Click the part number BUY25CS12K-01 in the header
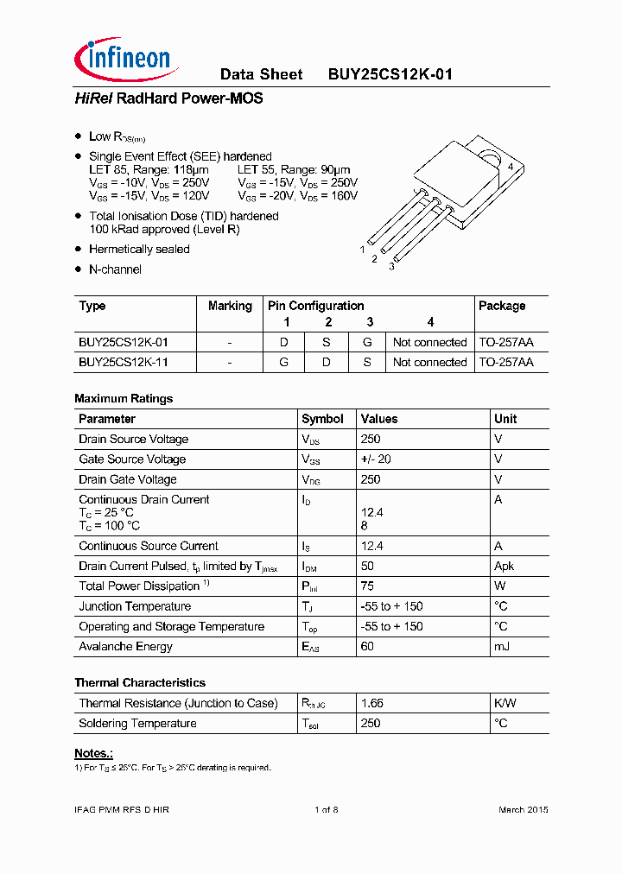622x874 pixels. [390, 75]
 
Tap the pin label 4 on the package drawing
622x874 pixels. [511, 167]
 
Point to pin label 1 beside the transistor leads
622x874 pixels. [362, 249]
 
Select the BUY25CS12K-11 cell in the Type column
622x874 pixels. [123, 363]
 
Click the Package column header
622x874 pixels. [502, 306]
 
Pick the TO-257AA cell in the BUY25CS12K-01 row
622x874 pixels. [506, 343]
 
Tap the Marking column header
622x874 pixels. [230, 306]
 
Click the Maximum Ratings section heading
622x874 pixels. [124, 399]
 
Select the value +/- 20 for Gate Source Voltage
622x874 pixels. [376, 459]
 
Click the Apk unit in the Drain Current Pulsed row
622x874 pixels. [504, 567]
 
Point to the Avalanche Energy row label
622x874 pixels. [125, 647]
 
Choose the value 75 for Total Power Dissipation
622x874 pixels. [367, 586]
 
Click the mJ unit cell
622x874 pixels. [501, 647]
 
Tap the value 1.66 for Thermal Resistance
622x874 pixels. [372, 704]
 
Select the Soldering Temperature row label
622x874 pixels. [137, 724]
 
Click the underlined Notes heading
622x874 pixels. [93, 753]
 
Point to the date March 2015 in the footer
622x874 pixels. [523, 810]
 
